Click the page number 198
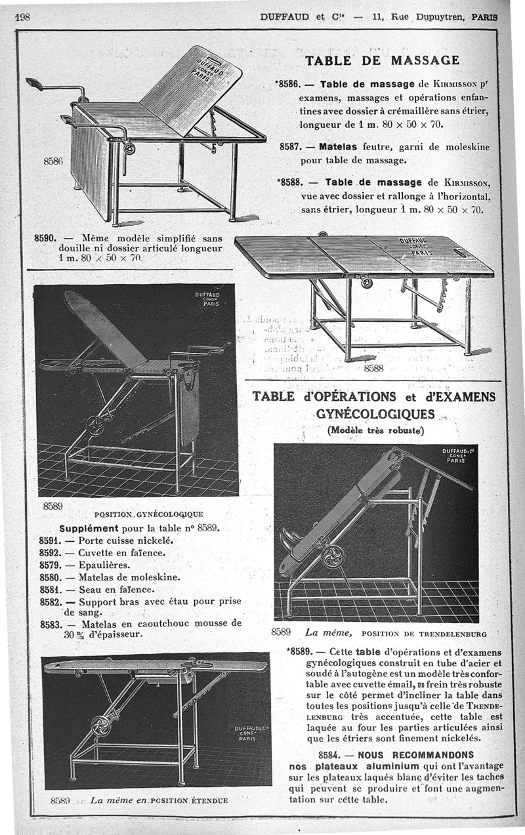(24, 18)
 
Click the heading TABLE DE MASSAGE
(382, 60)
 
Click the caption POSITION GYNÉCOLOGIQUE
(149, 514)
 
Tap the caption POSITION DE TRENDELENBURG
(424, 634)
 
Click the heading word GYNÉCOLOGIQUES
(375, 414)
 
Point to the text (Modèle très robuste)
(375, 431)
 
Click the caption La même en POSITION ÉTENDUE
(158, 800)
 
